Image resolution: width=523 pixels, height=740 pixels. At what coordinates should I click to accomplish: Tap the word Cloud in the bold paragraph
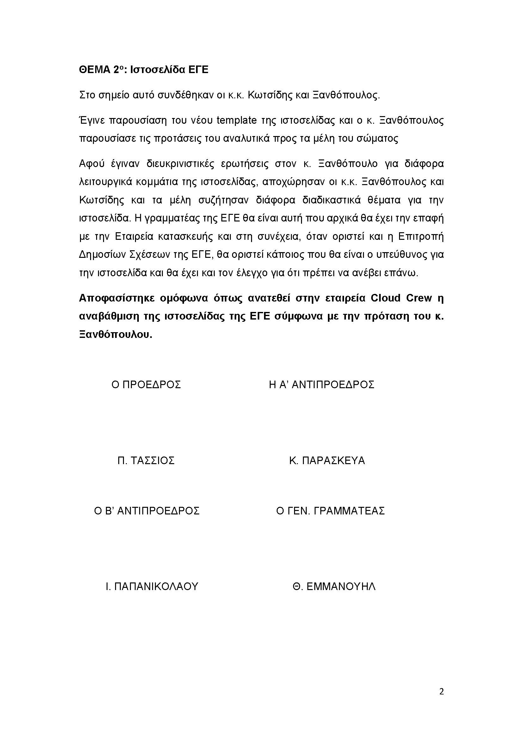385,298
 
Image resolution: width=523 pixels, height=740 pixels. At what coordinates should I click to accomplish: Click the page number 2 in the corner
441,692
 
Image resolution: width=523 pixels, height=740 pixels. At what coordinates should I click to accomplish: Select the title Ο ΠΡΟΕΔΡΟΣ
146,384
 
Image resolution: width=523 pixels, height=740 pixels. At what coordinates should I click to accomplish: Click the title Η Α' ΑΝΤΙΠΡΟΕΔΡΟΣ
321,384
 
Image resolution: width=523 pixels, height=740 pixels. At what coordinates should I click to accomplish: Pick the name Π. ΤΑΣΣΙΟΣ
146,461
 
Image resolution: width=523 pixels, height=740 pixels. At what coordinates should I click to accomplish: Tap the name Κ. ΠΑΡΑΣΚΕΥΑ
327,461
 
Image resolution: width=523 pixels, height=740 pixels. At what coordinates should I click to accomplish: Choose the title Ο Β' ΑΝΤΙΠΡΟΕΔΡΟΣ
146,511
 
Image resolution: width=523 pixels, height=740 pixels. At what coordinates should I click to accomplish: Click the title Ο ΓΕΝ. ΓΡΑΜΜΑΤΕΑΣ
330,511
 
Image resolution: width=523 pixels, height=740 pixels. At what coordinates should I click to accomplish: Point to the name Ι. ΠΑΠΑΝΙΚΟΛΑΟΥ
152,586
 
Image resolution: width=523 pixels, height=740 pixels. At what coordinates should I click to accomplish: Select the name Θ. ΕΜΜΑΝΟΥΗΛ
334,586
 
